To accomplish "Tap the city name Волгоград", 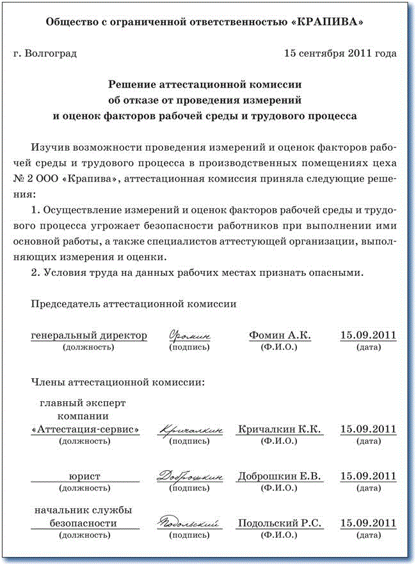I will pyautogui.click(x=50, y=54).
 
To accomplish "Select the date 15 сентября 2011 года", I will pyautogui.click(x=340, y=54).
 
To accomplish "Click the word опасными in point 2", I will pyautogui.click(x=336, y=273).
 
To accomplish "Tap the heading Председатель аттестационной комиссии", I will pyautogui.click(x=134, y=304).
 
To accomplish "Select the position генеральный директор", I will pyautogui.click(x=89, y=335).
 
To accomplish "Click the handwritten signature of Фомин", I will pyautogui.click(x=189, y=335).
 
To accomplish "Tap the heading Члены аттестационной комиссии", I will pyautogui.click(x=118, y=383).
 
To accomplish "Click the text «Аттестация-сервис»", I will pyautogui.click(x=85, y=429).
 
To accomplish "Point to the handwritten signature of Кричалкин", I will pyautogui.click(x=191, y=430).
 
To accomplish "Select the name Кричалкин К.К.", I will pyautogui.click(x=279, y=429).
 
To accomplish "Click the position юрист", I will pyautogui.click(x=85, y=476).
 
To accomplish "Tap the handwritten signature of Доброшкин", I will pyautogui.click(x=190, y=476).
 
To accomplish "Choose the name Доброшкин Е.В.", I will pyautogui.click(x=280, y=476).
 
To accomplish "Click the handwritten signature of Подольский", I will pyautogui.click(x=190, y=523).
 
